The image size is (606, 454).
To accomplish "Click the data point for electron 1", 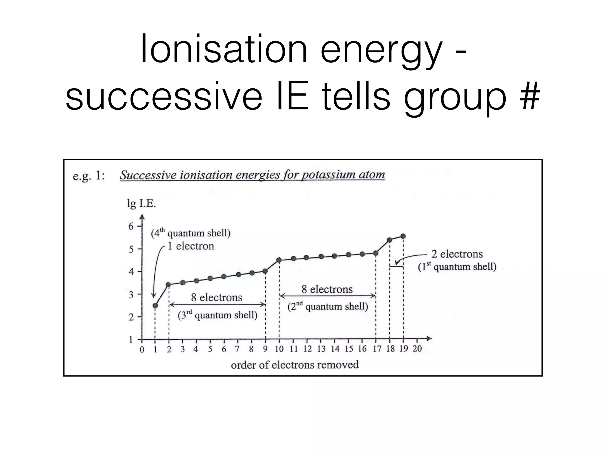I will click(155, 305).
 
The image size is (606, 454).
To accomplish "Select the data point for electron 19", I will click(403, 236).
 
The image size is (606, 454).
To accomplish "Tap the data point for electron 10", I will click(279, 260).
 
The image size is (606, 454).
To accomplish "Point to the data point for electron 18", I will click(389, 240).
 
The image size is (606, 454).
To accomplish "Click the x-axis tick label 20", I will click(417, 349).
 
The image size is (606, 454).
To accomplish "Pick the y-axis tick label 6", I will click(131, 226).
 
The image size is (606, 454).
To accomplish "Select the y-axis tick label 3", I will click(131, 295).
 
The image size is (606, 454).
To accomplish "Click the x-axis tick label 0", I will click(142, 350).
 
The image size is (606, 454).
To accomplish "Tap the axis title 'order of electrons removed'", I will click(295, 365).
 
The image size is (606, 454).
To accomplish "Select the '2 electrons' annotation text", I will click(457, 254).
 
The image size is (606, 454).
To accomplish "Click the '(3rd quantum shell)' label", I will click(217, 315).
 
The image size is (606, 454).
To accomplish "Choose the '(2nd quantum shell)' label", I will click(328, 307).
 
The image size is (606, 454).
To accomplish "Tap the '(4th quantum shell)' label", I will click(191, 233).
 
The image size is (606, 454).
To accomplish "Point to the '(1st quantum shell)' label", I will click(457, 267).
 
